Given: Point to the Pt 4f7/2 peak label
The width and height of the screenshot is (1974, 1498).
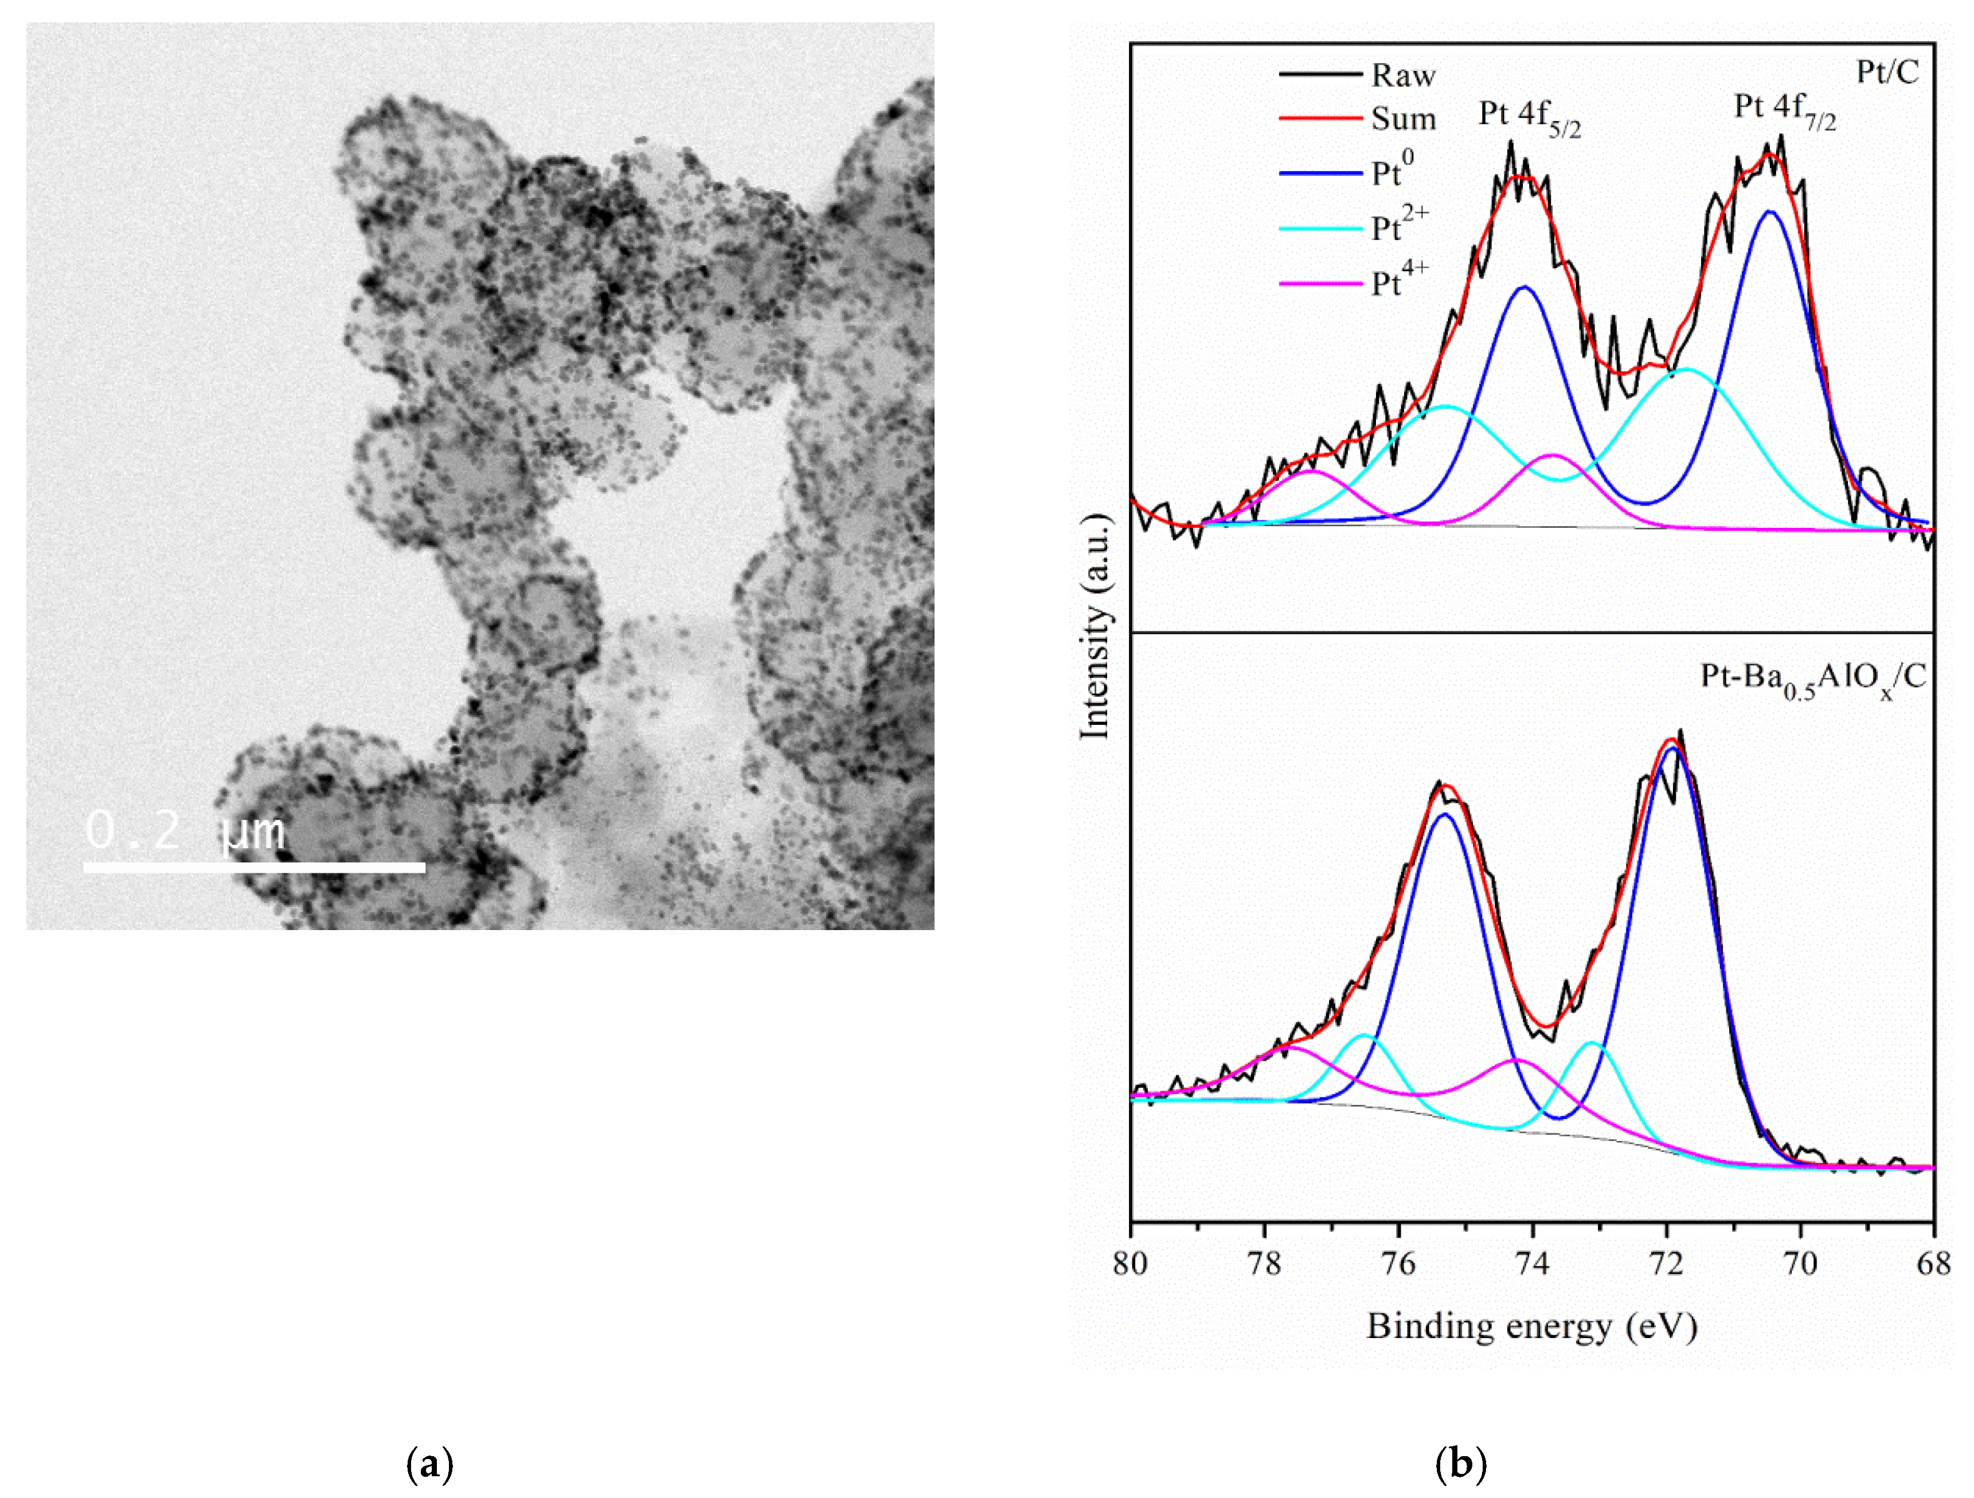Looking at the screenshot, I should click(x=1785, y=109).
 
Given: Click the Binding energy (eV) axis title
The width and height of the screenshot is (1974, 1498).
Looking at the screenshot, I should click(x=1531, y=1327).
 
